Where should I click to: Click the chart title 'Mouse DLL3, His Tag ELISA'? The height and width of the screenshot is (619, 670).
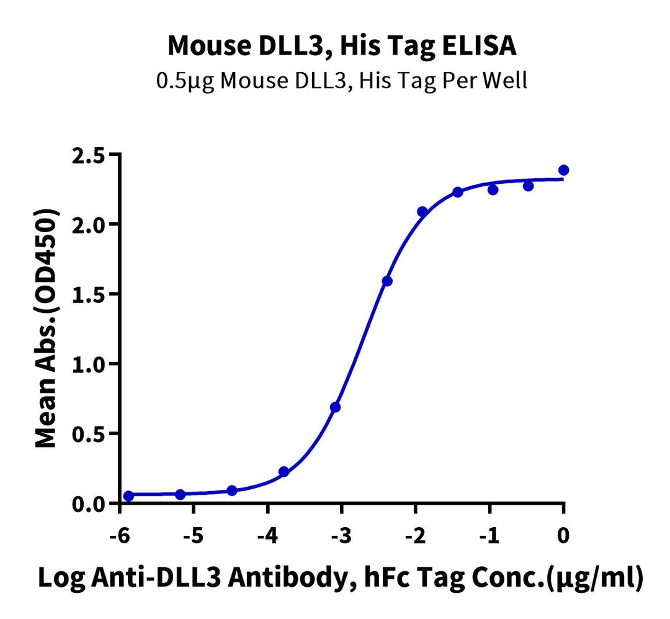coord(342,47)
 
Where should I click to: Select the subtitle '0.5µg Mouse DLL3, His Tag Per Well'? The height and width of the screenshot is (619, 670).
coord(342,81)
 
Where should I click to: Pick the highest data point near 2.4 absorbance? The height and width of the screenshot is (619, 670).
coord(563,170)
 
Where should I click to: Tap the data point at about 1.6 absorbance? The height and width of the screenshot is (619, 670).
coord(387,281)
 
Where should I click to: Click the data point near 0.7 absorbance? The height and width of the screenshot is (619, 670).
coord(336,407)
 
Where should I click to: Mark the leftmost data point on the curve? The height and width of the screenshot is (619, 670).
coord(128,496)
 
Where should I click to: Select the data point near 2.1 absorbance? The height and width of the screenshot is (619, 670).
coord(422,212)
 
